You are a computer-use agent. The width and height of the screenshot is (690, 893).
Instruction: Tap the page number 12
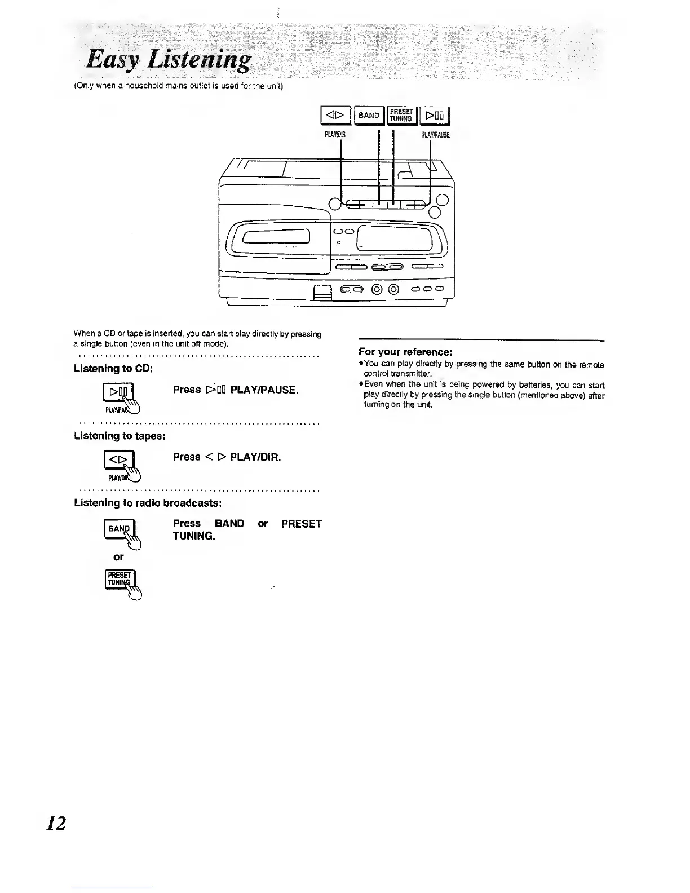tap(56, 823)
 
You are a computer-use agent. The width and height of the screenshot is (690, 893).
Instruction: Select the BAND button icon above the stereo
tap(369, 116)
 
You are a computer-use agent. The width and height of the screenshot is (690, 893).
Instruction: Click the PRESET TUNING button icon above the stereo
tap(401, 115)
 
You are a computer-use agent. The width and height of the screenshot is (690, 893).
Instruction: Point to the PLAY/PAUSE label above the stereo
tap(435, 135)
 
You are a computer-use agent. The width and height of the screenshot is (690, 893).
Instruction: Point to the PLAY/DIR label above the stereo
tap(334, 135)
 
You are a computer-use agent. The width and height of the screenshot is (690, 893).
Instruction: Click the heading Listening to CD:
tap(114, 369)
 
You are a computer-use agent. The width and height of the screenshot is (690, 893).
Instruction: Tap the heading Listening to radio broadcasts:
tap(148, 502)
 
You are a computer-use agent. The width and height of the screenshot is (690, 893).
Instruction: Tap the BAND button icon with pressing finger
tap(119, 529)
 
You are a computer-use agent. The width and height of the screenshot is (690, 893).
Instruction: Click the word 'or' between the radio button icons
tap(118, 557)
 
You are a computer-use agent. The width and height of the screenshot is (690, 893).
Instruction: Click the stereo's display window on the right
tap(397, 237)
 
